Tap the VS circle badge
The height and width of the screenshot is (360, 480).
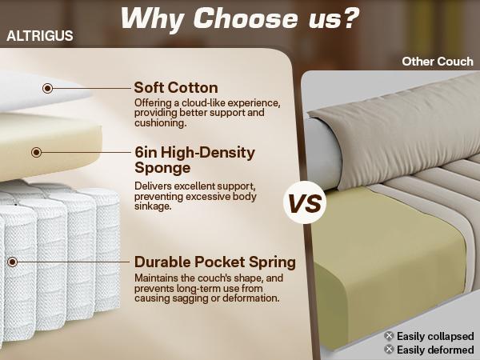point(304,203)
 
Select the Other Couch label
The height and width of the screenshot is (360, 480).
point(438,61)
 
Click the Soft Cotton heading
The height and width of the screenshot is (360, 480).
point(176,87)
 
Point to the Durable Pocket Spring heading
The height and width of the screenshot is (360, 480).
point(215,262)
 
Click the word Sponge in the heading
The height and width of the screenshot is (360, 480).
point(163,168)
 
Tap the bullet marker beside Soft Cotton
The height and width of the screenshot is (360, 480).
point(48,88)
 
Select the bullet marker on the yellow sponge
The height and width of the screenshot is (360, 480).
point(37,152)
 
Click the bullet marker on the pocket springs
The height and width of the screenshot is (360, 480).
point(14,262)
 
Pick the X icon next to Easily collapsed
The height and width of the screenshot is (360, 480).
point(389,336)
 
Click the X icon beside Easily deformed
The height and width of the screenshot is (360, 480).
point(389,350)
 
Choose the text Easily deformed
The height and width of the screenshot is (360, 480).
point(435,350)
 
